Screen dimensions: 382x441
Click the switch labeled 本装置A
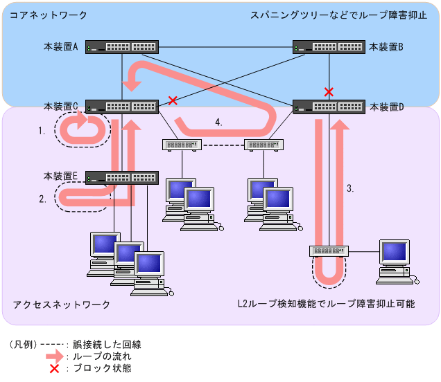pos(122,48)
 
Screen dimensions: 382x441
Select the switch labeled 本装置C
pos(122,107)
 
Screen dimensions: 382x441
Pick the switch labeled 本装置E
pos(122,178)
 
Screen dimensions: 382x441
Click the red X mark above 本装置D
pos(329,91)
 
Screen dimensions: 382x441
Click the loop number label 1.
pos(42,130)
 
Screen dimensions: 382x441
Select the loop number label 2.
pos(42,199)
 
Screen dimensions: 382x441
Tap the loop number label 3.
pos(350,188)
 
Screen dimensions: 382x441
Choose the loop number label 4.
pos(219,122)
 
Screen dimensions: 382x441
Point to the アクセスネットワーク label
pos(61,304)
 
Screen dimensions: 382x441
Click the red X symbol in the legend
pos(54,367)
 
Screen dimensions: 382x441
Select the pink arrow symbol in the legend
pos(54,356)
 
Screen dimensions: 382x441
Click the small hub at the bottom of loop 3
pos(329,251)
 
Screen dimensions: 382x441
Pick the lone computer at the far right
pos(395,260)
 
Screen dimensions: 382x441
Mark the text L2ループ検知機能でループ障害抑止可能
pos(326,304)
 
